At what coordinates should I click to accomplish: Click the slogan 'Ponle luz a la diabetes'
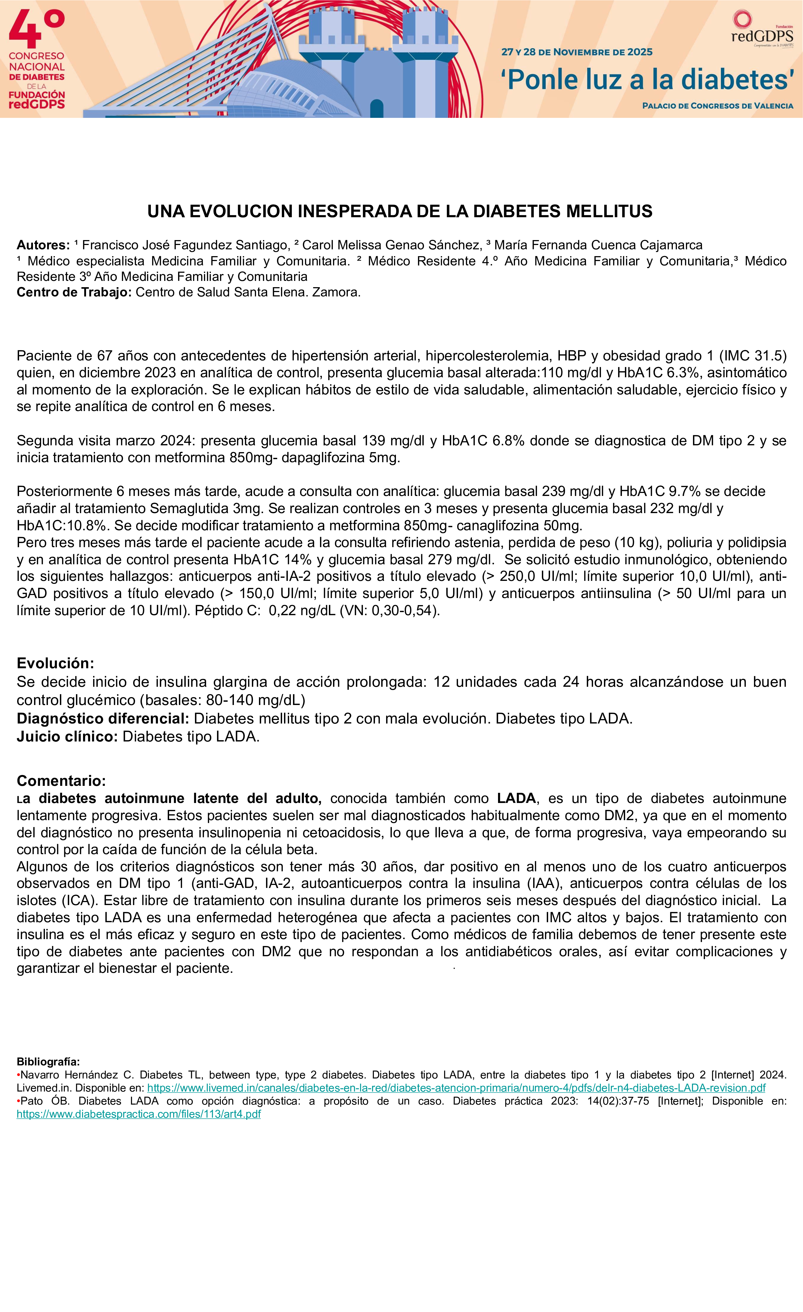coord(647,80)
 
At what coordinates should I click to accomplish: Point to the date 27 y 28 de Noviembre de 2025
coord(577,52)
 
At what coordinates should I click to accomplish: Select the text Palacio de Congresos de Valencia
coord(717,105)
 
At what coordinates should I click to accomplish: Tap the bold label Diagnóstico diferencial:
coord(103,719)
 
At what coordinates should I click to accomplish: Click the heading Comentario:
coord(61,781)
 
